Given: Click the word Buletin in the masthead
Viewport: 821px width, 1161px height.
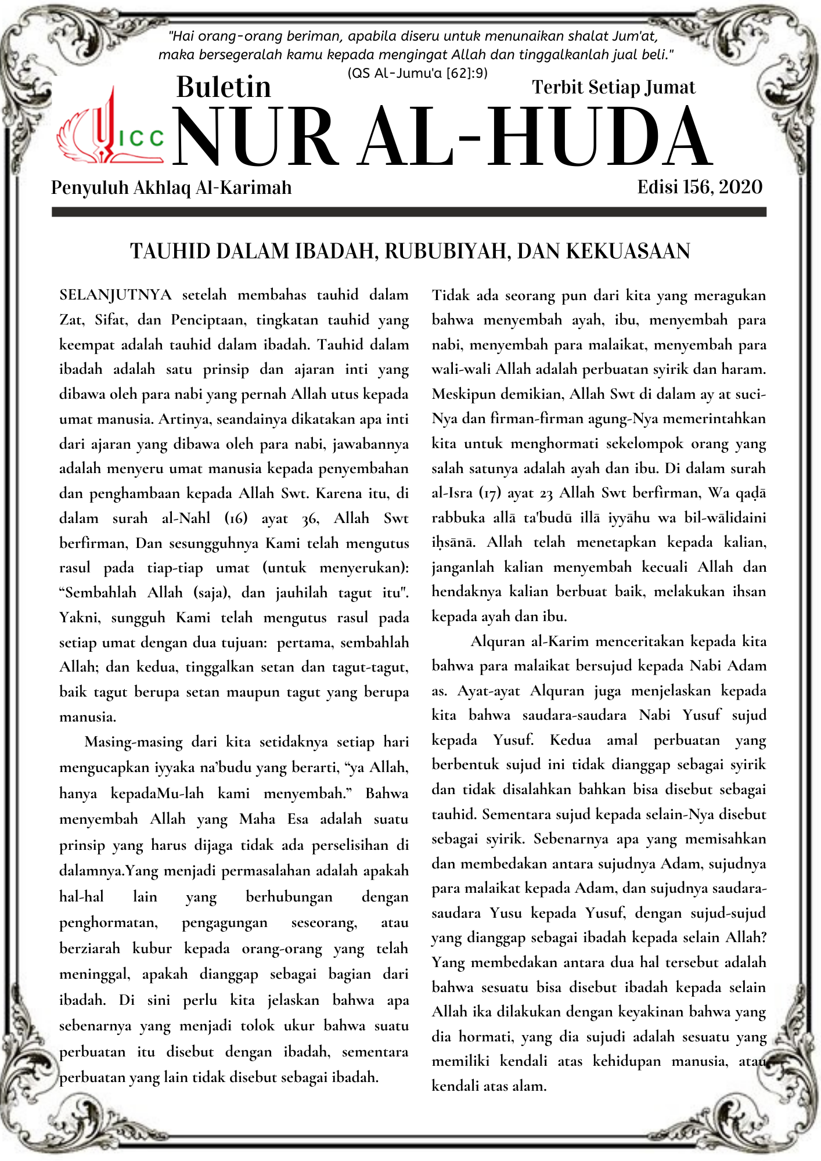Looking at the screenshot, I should pyautogui.click(x=224, y=87).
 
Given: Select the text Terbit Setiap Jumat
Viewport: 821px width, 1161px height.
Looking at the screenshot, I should pyautogui.click(x=613, y=87).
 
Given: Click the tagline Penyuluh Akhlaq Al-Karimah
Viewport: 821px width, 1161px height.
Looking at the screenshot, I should pyautogui.click(x=171, y=188).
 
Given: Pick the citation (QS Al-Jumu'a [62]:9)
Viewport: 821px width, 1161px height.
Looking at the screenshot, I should pyautogui.click(x=417, y=73).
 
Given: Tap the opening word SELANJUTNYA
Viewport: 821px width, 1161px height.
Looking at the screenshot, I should pyautogui.click(x=116, y=295).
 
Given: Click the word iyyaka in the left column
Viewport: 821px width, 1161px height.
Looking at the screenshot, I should pyautogui.click(x=175, y=767).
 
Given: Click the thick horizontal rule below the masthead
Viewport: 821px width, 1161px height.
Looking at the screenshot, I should pyautogui.click(x=409, y=212).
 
